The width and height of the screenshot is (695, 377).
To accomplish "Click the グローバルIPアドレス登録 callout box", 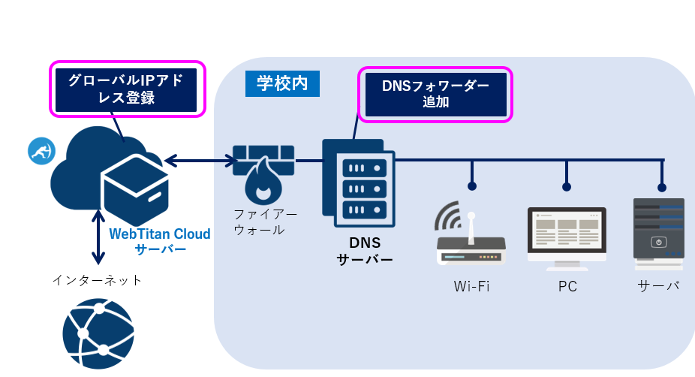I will point(126,89).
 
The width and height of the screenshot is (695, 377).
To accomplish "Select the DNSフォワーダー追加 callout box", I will point(435,95).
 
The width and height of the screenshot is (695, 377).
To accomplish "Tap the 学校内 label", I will point(282,83).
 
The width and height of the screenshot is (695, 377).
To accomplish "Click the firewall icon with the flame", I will point(263,171).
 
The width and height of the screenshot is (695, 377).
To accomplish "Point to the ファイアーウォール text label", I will point(259,222).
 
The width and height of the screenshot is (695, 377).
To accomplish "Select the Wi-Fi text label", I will point(471,286).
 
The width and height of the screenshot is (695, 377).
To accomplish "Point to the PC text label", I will point(567,286).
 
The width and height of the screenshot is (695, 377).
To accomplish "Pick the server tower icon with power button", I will point(658,234).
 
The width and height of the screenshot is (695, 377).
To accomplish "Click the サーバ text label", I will point(658,286).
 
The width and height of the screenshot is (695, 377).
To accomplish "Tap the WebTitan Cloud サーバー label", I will point(160,241).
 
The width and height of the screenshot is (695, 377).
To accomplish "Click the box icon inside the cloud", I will point(136,188).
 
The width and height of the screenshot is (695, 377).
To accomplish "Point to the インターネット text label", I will point(97,280).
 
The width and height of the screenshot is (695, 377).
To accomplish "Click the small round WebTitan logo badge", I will point(41,151).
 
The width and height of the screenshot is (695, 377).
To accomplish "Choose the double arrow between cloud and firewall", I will point(200,160).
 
